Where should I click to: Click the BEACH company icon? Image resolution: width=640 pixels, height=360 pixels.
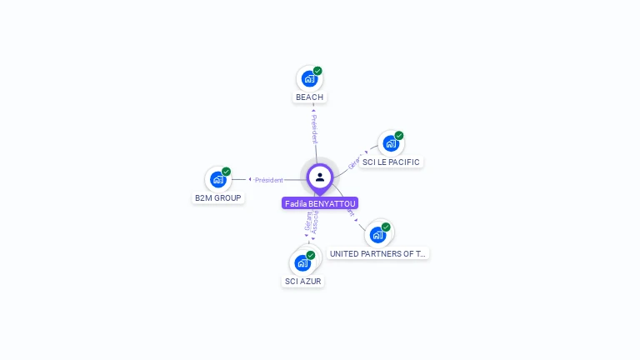tap(309, 79)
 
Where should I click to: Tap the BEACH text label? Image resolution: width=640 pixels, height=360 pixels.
tap(309, 97)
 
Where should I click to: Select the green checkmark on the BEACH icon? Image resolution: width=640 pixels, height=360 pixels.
tap(317, 71)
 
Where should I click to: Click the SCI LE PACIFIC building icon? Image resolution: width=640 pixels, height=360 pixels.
tap(390, 143)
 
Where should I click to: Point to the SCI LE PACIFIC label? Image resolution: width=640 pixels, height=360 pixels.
tap(391, 162)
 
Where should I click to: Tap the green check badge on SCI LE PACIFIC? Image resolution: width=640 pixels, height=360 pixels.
tap(399, 136)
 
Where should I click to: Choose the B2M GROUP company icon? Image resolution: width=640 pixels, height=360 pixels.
tap(218, 179)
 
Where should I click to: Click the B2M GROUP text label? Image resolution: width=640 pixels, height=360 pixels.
tap(217, 198)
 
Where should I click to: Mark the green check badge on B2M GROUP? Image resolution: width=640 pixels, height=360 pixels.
tap(227, 172)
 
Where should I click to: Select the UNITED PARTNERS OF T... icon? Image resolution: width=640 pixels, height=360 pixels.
tap(377, 234)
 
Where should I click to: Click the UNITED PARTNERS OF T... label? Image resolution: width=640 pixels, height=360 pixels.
tap(377, 253)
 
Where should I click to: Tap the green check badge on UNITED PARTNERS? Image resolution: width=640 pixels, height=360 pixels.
tap(386, 227)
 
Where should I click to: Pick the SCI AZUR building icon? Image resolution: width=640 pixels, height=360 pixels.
tap(302, 262)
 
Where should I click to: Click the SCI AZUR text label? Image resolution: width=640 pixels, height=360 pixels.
tap(302, 282)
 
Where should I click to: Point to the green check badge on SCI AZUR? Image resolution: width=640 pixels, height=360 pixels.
tap(311, 255)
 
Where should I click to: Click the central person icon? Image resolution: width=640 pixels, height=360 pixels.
tap(320, 177)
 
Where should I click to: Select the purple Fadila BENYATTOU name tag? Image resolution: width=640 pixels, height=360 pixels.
tap(320, 203)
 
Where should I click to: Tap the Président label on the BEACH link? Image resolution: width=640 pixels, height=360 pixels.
tap(314, 129)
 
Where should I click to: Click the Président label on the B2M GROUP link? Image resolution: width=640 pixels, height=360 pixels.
tap(269, 180)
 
